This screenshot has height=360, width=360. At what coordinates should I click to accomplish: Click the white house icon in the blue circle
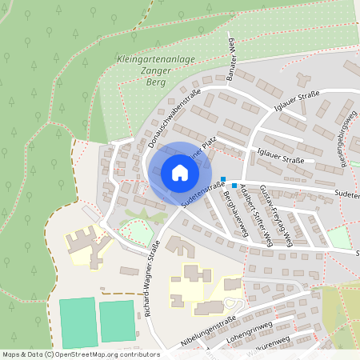(x=179, y=172)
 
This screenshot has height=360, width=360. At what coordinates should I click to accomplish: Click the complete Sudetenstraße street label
(x=202, y=195)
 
